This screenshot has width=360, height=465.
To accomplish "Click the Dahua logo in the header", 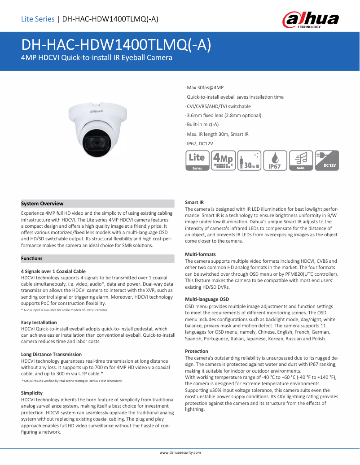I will click(x=310, y=20).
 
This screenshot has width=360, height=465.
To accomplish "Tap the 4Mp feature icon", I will click(x=224, y=161).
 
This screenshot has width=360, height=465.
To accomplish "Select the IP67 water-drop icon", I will click(x=274, y=161).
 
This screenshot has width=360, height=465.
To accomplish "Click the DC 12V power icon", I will click(x=327, y=161).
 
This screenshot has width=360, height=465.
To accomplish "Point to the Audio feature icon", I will click(x=301, y=161).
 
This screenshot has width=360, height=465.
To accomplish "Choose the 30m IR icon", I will click(x=249, y=161).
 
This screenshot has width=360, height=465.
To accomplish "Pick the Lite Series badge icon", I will click(x=197, y=161).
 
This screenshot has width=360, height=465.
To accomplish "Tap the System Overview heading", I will click(x=43, y=204).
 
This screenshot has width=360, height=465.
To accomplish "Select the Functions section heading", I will click(x=32, y=258).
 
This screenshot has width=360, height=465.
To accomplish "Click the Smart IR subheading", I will click(x=194, y=203).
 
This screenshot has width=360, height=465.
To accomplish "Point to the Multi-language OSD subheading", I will click(x=207, y=299).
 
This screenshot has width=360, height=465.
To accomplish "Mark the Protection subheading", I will click(x=197, y=351).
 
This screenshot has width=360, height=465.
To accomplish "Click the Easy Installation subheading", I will click(x=39, y=322).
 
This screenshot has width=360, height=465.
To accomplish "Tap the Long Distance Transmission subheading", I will click(x=51, y=354).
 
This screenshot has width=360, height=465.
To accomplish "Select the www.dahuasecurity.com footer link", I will click(x=180, y=453).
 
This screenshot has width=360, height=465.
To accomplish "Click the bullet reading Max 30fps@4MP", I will click(x=205, y=87).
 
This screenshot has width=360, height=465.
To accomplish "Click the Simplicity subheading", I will click(x=32, y=393).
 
